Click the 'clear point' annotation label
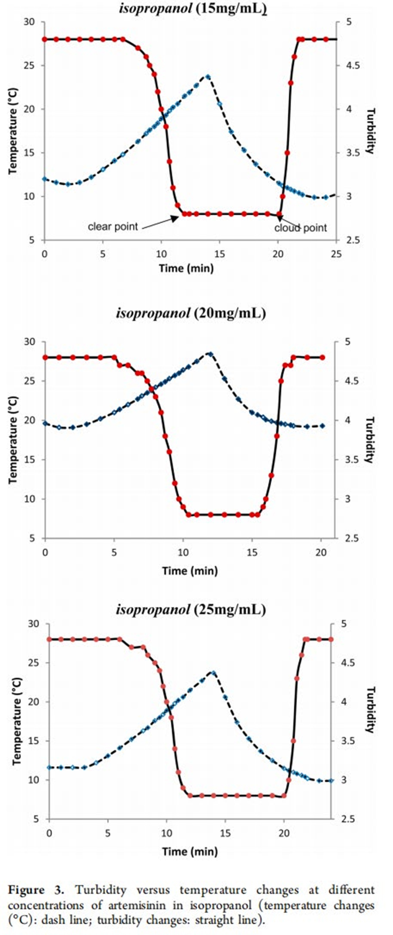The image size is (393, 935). click(x=113, y=227)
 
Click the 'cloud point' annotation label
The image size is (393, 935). click(x=300, y=228)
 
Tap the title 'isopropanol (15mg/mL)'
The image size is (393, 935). click(x=193, y=9)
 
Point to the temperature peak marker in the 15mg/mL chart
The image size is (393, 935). click(x=208, y=77)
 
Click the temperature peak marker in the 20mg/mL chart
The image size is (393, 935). click(x=210, y=354)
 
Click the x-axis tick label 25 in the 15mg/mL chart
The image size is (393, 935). click(x=336, y=254)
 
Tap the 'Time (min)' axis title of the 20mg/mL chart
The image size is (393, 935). click(x=190, y=570)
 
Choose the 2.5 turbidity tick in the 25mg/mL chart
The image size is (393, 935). click(x=341, y=819)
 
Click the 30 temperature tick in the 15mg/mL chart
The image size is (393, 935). click(x=29, y=22)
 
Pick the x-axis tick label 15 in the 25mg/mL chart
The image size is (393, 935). click(x=225, y=833)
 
